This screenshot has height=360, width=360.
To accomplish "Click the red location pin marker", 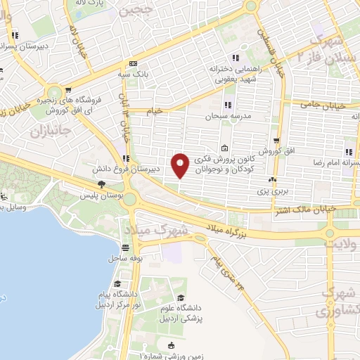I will pos(181,166).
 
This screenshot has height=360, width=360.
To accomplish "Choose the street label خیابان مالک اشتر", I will pos(306,209).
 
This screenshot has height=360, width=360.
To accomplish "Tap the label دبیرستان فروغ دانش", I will pos(127,169).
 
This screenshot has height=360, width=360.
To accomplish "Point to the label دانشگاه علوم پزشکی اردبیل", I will pos(183,313).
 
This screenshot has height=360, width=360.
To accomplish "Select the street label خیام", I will pos(154,110).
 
